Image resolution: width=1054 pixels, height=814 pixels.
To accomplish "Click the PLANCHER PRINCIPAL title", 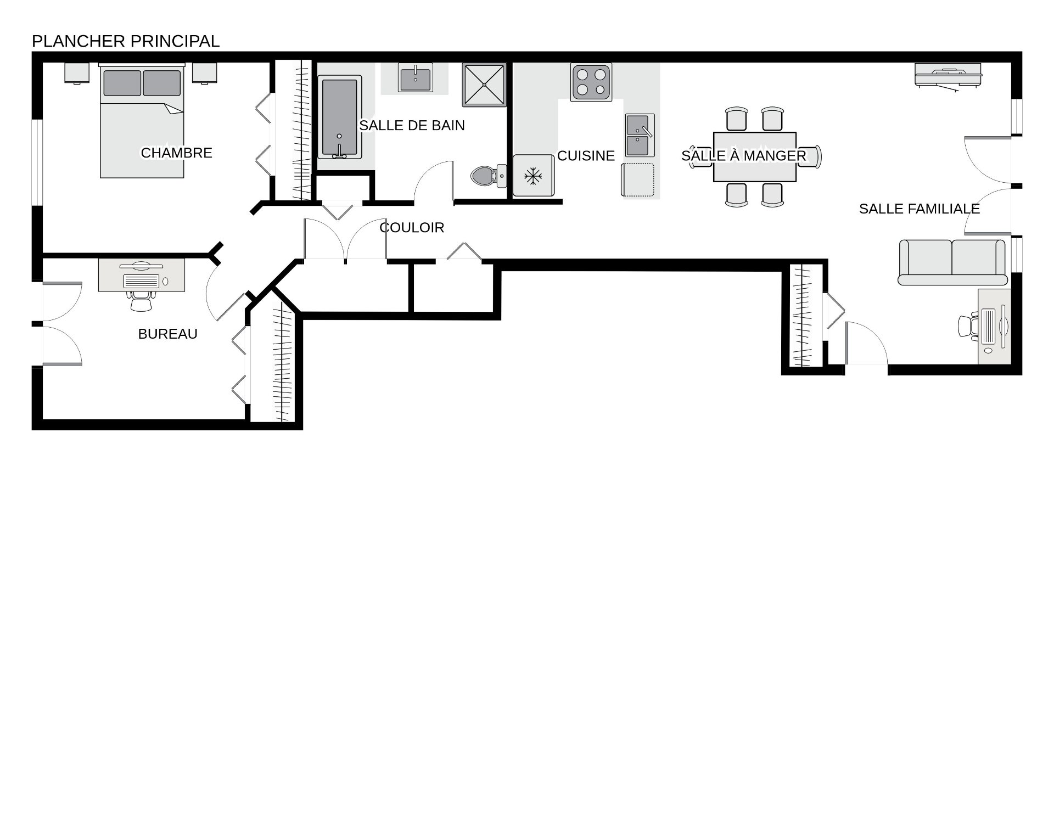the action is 126,41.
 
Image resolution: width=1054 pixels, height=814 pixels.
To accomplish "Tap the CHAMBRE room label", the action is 176,153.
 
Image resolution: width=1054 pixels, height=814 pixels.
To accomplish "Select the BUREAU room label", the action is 167,334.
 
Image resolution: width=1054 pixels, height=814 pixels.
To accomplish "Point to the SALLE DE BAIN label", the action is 412,125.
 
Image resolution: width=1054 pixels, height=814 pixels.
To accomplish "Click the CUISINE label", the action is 586,156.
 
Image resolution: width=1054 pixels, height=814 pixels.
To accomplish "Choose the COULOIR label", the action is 412,227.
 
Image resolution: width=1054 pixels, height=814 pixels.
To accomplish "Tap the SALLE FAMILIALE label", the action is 920,209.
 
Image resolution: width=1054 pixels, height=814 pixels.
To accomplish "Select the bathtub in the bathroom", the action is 340,117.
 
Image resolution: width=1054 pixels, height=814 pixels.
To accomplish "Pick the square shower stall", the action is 484,85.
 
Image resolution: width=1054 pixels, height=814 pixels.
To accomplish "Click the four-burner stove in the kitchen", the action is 591,82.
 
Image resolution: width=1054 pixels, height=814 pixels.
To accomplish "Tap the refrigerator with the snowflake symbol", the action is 533,176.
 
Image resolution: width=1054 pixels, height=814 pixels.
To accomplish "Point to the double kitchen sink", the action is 640,135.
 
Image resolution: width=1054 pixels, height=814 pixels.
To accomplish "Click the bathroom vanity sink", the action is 415,78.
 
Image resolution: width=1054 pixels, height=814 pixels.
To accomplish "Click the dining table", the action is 755,156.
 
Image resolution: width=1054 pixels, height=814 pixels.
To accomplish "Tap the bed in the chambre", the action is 142,121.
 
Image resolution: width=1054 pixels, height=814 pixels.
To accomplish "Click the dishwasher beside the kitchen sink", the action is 638,179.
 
